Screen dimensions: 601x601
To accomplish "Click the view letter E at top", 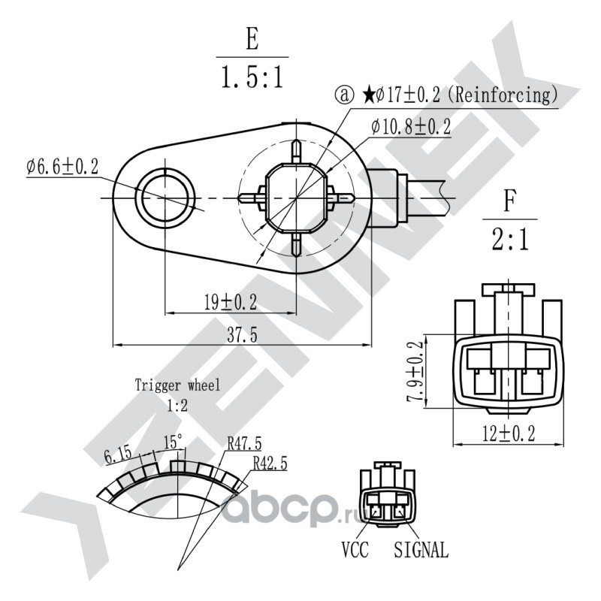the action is pyautogui.click(x=252, y=39).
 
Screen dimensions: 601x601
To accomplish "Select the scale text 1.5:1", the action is pyautogui.click(x=252, y=77).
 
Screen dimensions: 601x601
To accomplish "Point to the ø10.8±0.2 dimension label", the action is pyautogui.click(x=411, y=127).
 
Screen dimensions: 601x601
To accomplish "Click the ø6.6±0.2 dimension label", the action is pyautogui.click(x=62, y=167).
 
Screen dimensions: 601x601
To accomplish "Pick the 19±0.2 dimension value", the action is pyautogui.click(x=230, y=302).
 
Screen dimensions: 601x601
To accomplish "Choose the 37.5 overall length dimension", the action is pyautogui.click(x=242, y=335).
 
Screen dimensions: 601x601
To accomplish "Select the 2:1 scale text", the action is pyautogui.click(x=510, y=239).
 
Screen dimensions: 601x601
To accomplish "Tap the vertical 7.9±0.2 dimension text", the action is pyautogui.click(x=415, y=371).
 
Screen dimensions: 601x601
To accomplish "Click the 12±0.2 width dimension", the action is pyautogui.click(x=509, y=433).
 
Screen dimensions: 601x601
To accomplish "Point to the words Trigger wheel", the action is pyautogui.click(x=177, y=385).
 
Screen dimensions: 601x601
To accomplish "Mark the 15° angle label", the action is pyautogui.click(x=174, y=442).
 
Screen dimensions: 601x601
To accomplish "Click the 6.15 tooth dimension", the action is pyautogui.click(x=118, y=456).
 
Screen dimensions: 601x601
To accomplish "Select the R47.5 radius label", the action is pyautogui.click(x=244, y=444).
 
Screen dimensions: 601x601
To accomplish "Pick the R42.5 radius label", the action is pyautogui.click(x=270, y=463).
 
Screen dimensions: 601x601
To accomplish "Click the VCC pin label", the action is pyautogui.click(x=355, y=549).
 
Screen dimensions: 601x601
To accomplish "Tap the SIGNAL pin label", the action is pyautogui.click(x=421, y=549).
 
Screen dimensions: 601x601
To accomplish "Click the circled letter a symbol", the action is pyautogui.click(x=345, y=95).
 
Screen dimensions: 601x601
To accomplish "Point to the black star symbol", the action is pyautogui.click(x=368, y=95).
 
